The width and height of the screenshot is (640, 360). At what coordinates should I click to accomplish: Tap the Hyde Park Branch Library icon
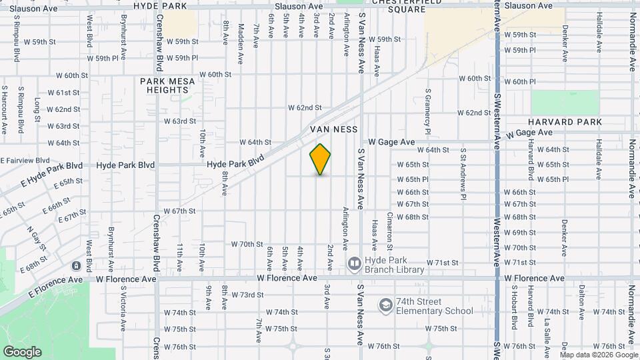coord(353,265)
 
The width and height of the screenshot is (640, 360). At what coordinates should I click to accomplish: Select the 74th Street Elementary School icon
coord(385,306)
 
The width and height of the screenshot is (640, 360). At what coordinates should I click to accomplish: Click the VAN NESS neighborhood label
coord(334,129)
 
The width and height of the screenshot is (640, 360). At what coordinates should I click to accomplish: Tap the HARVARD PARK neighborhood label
coord(565,122)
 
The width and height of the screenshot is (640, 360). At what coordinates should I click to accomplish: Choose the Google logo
coord(21,351)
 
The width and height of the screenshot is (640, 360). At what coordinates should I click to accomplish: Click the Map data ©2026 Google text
coord(599,355)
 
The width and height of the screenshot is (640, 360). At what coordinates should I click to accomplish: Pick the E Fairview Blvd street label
coord(25,161)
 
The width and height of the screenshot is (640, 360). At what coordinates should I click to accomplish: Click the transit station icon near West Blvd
coord(76,266)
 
